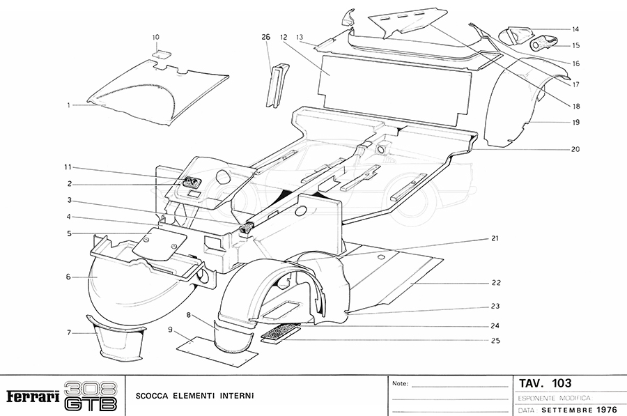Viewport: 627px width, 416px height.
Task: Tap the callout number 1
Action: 69,105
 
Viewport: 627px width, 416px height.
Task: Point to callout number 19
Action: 576,122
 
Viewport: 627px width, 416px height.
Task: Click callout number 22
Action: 496,283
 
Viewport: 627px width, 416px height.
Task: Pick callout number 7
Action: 69,332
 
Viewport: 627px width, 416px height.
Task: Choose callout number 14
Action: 576,29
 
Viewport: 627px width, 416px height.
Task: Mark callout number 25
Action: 496,339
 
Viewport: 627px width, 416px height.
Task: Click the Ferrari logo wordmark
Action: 32,396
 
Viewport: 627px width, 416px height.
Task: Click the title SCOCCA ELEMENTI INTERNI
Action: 195,396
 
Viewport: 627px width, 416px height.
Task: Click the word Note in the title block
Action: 400,384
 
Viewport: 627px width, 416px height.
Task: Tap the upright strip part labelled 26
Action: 274,84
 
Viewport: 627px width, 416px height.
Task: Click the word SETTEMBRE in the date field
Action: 567,410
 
